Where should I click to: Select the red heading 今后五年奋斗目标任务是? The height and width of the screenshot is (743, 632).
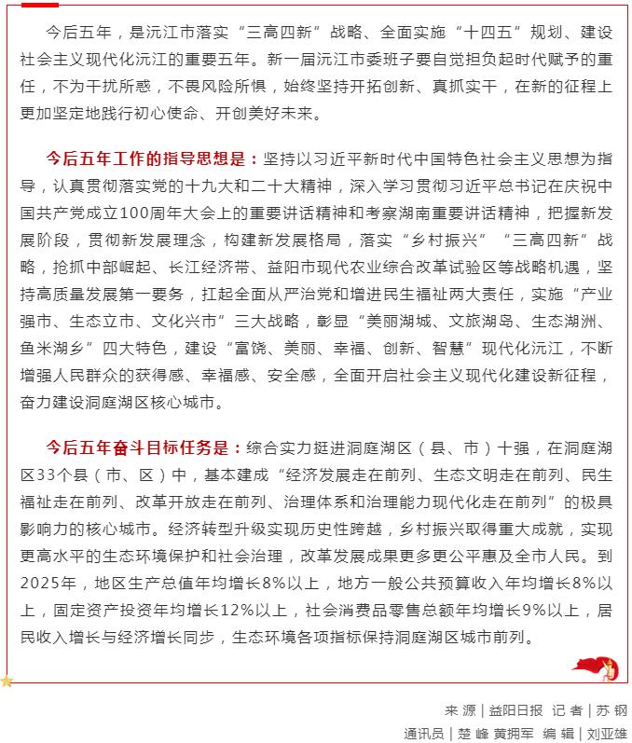pos(144,447)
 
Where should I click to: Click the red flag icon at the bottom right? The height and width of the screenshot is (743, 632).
pos(595,667)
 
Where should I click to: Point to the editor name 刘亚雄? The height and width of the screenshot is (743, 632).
pos(607,733)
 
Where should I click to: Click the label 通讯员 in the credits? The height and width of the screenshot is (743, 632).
pos(426,733)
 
